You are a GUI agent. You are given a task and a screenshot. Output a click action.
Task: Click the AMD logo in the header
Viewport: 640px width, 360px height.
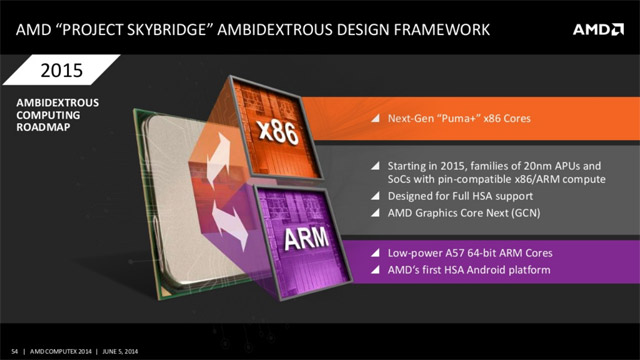598,29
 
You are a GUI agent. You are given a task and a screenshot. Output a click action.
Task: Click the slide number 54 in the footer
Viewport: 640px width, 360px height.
10,350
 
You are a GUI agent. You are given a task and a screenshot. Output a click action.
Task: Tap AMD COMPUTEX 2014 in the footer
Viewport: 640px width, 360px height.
57,350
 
